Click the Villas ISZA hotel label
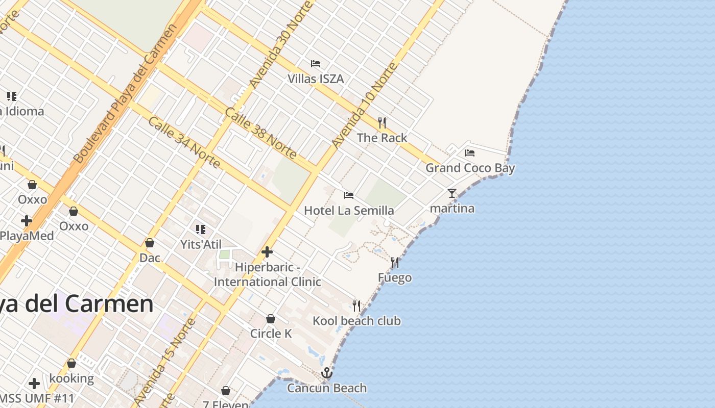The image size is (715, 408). click(x=315, y=79)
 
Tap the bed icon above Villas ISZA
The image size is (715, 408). click(x=316, y=64)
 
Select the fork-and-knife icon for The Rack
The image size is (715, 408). click(x=382, y=122)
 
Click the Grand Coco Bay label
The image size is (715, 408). click(x=470, y=168)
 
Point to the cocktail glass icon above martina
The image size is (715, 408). click(x=452, y=193)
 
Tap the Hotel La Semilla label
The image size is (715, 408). click(x=349, y=211)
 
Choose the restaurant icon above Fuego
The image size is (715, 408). click(x=395, y=263)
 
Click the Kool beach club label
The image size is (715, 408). click(x=356, y=321)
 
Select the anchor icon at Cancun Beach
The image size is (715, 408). click(x=327, y=373)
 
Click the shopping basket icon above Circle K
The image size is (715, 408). click(x=271, y=319)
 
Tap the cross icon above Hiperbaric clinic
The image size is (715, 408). click(x=267, y=252)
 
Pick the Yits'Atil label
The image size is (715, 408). click(x=201, y=244)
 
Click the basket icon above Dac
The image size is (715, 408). click(x=150, y=243)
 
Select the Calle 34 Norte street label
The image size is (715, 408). click(x=184, y=142)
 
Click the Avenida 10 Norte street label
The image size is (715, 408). click(x=364, y=106)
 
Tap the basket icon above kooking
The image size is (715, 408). click(x=71, y=364)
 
